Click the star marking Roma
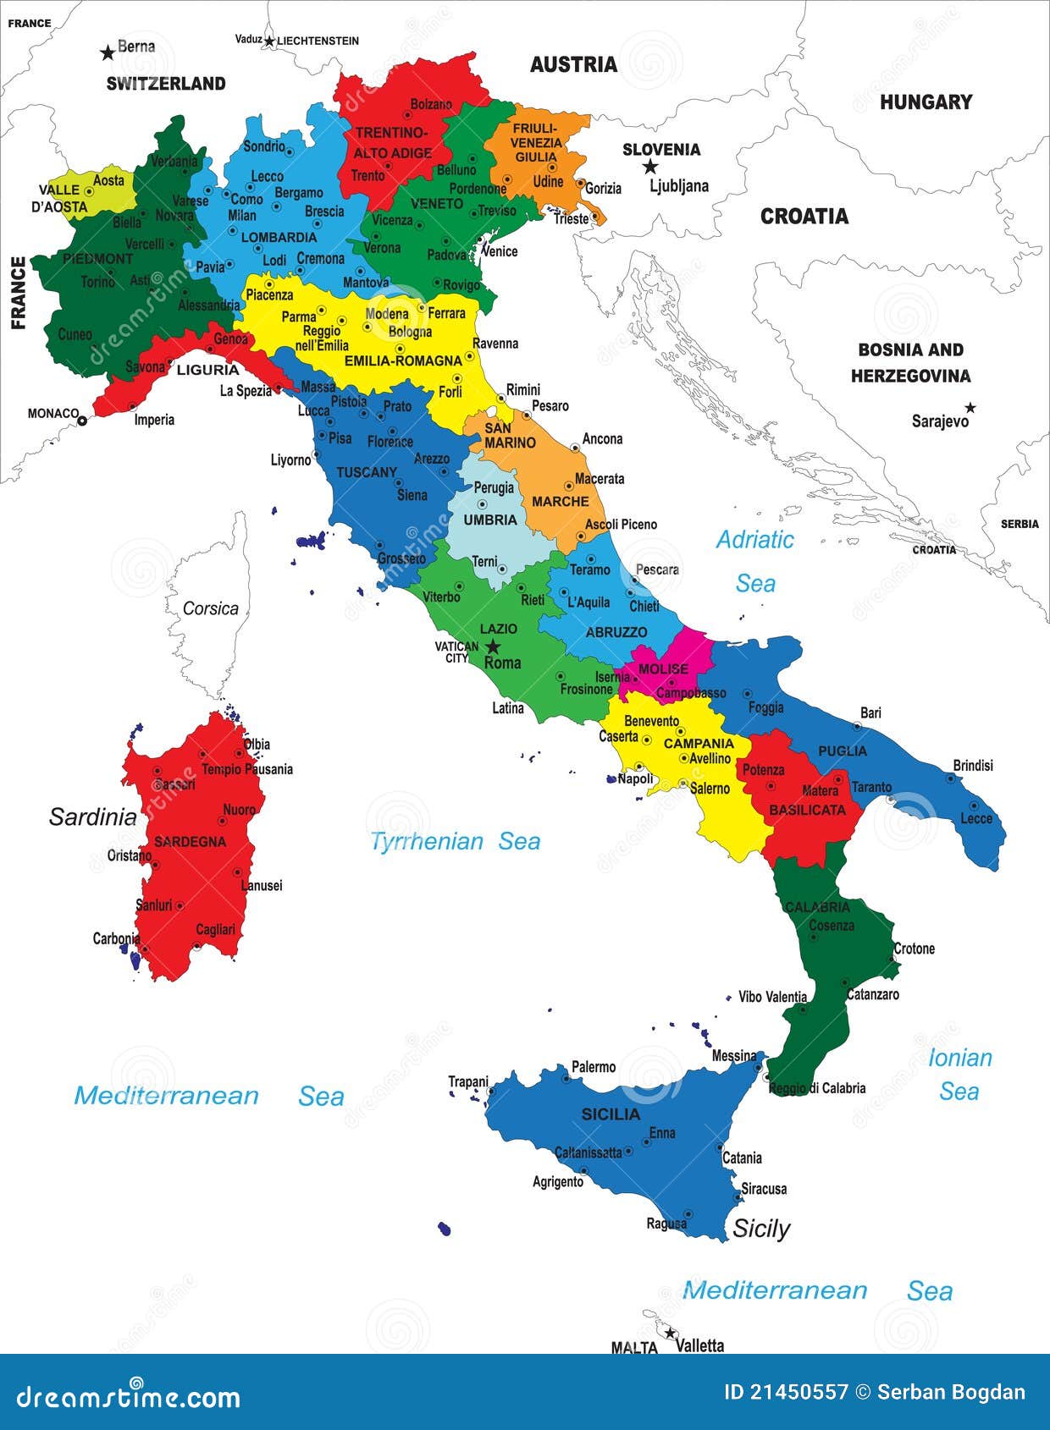[x=492, y=646]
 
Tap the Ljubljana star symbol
[x=650, y=167]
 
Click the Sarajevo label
[x=939, y=421]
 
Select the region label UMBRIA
[x=490, y=520]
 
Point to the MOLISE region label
[x=663, y=668]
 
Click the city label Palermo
[x=593, y=1067]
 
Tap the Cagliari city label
[x=215, y=929]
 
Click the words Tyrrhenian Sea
[x=456, y=841]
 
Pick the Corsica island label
[x=210, y=608]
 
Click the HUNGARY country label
[x=926, y=102]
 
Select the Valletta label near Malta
[x=700, y=1345]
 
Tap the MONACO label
[x=52, y=413]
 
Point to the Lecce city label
[x=975, y=818]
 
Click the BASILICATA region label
[x=807, y=810]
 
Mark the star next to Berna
[x=108, y=53]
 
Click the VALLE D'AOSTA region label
[x=64, y=198]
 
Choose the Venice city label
[x=499, y=251]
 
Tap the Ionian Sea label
[x=959, y=1074]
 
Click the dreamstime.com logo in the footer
[x=128, y=1396]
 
